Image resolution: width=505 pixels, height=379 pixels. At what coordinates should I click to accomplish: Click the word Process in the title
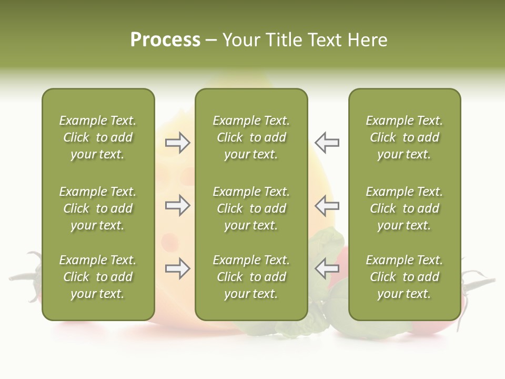[x=165, y=40]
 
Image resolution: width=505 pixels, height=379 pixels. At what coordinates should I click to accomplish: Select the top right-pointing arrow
[x=177, y=143]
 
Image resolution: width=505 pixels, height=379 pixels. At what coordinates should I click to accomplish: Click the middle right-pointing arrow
[x=177, y=205]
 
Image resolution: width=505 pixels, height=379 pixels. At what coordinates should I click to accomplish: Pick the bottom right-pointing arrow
[x=177, y=269]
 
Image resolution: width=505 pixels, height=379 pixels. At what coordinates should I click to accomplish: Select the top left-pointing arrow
[x=327, y=143]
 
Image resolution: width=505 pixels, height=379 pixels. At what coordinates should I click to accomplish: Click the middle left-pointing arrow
[x=327, y=205]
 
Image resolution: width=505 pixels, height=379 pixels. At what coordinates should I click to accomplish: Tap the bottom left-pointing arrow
[x=327, y=269]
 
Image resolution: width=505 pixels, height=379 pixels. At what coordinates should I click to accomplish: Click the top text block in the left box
[x=98, y=137]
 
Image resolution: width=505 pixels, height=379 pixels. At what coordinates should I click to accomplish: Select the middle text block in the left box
[x=98, y=208]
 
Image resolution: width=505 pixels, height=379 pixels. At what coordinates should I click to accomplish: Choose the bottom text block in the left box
[x=98, y=277]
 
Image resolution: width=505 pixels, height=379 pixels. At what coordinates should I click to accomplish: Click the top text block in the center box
[x=251, y=137]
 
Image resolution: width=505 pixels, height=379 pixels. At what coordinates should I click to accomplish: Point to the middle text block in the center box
[x=251, y=208]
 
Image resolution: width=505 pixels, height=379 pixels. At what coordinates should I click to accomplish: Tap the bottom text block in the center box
[x=251, y=277]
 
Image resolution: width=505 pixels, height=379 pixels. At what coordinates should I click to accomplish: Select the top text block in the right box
[x=404, y=137]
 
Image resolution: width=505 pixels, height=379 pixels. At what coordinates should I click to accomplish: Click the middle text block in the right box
[x=404, y=208]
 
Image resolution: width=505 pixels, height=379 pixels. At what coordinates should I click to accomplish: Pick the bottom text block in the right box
[x=404, y=277]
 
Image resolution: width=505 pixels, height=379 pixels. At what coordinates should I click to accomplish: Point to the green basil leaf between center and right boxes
[x=326, y=242]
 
